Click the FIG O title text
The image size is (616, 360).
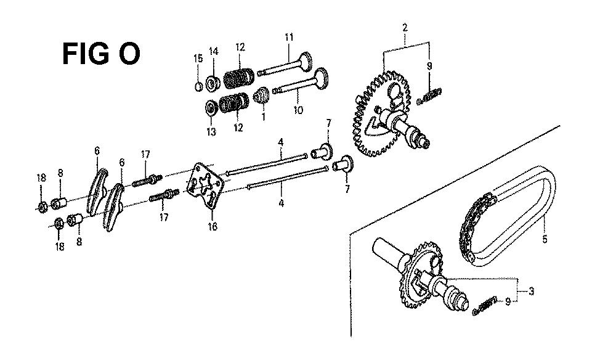(101, 54)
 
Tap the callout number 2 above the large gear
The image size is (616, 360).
(405, 28)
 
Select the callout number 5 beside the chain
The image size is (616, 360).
(545, 239)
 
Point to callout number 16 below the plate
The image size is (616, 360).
(213, 227)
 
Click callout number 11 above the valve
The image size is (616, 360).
(289, 38)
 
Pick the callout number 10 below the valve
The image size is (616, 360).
(299, 110)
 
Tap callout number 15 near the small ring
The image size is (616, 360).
(198, 59)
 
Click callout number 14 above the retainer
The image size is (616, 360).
(213, 51)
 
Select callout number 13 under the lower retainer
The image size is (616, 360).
(211, 132)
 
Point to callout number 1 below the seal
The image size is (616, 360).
(263, 117)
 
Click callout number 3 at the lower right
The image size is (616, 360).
(531, 292)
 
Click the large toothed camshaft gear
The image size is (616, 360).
(380, 114)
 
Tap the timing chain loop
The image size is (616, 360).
(508, 217)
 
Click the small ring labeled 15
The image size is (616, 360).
(199, 86)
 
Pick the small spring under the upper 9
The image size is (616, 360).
(429, 96)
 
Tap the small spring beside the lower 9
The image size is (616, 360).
(485, 305)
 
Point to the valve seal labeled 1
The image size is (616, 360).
(261, 96)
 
